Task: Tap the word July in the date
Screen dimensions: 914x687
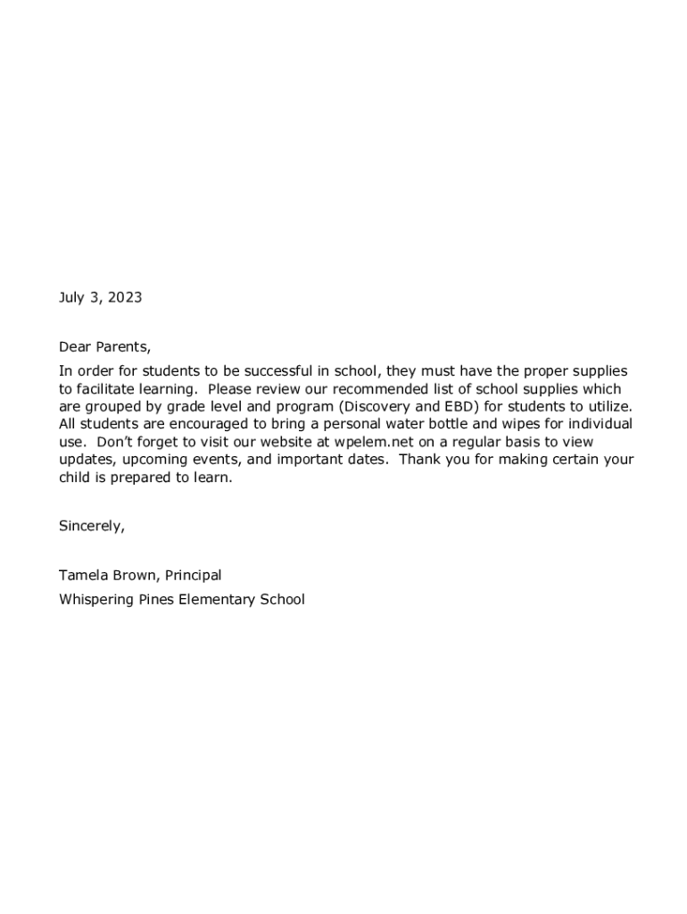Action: point(73,298)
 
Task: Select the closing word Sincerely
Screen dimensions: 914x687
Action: point(92,527)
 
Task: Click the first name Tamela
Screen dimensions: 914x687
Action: point(83,576)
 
